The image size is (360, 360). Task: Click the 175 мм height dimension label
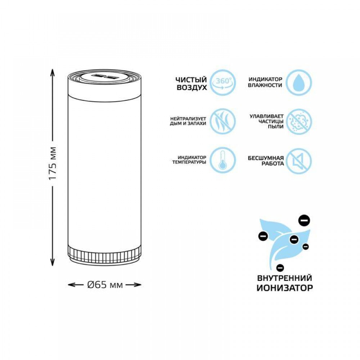point(53,163)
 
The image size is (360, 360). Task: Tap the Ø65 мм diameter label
point(105,285)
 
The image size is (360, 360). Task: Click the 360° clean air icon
point(223,83)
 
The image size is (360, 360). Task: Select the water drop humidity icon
point(299,83)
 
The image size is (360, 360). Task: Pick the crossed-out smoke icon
point(223,121)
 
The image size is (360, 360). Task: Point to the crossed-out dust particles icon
point(299,121)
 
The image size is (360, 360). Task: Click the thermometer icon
point(223,160)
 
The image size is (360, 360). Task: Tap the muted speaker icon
point(299,160)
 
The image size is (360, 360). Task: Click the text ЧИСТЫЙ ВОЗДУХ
point(192,84)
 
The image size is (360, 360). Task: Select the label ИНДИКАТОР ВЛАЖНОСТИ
point(265,82)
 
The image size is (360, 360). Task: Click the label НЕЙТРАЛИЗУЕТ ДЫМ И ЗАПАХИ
point(188,121)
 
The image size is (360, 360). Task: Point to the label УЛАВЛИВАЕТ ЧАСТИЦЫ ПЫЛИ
point(266,121)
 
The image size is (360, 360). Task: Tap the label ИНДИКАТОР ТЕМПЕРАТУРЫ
point(189,160)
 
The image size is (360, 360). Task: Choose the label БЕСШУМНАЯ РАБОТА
point(266,161)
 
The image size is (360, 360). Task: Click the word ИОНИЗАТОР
point(285,288)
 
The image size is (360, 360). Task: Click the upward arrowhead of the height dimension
point(53,73)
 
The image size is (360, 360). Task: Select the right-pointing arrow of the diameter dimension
point(134,285)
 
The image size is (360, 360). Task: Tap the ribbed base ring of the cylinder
point(104,255)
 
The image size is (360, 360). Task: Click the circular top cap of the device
point(104,78)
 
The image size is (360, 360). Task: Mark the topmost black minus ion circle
point(304,220)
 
